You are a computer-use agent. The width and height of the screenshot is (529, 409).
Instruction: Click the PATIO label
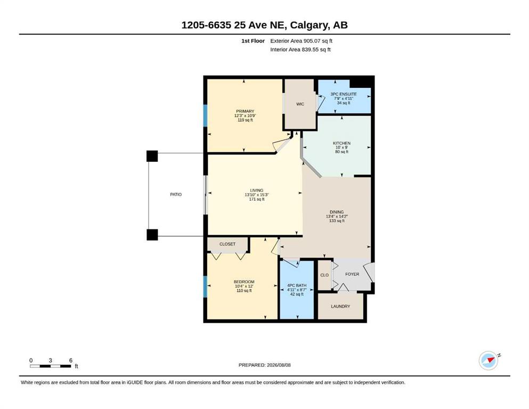click(x=176, y=194)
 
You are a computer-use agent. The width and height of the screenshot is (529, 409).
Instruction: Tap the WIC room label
click(x=300, y=104)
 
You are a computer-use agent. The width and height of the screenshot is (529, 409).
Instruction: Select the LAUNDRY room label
click(x=340, y=307)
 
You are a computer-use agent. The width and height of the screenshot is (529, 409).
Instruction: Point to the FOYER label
click(x=352, y=274)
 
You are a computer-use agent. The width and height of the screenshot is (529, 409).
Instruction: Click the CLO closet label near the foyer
click(x=324, y=275)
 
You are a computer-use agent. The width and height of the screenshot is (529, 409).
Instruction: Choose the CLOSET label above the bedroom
click(x=227, y=244)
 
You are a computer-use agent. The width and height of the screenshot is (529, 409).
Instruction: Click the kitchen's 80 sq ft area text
click(x=342, y=152)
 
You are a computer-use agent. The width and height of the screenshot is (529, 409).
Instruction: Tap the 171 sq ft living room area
click(x=257, y=199)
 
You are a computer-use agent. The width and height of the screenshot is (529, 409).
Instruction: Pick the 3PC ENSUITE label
click(x=344, y=94)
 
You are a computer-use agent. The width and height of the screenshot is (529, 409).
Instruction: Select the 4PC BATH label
click(x=297, y=285)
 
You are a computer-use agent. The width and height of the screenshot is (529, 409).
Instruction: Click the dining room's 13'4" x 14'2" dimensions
click(x=337, y=216)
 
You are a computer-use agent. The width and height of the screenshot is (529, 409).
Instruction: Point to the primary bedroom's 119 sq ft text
click(x=245, y=120)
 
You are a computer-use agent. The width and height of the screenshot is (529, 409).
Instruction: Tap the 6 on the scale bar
click(x=71, y=361)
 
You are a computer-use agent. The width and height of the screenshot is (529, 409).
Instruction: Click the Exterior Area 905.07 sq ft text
click(x=302, y=41)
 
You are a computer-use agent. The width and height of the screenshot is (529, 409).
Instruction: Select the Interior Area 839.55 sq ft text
click(x=300, y=50)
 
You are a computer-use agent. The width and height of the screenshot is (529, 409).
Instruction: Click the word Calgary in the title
click(x=309, y=25)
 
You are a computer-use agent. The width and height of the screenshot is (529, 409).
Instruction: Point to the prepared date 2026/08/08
click(x=279, y=365)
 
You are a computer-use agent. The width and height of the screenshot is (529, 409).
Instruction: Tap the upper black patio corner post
click(x=152, y=156)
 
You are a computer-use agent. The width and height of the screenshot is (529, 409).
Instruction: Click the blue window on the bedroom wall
click(x=205, y=287)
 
